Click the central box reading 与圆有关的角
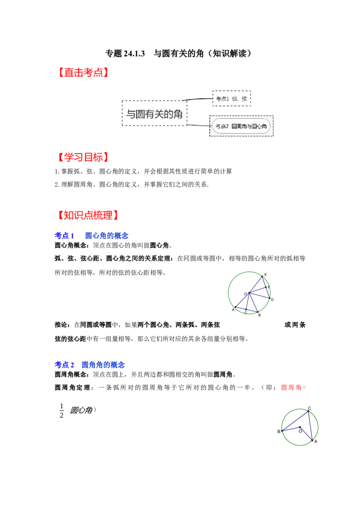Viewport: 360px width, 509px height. tap(154, 113)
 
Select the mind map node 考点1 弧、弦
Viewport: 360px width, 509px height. tap(231, 98)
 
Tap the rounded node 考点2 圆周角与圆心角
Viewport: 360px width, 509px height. tap(241, 126)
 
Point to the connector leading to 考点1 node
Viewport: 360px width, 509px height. tap(199, 99)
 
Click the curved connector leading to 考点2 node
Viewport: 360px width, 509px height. tap(198, 125)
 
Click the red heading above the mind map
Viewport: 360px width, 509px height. tap(83, 72)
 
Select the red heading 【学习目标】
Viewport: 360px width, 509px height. tap(83, 157)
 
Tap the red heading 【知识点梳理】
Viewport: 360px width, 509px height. tap(88, 215)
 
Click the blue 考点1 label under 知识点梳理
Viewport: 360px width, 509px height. tap(64, 236)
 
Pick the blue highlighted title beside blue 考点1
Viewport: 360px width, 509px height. tap(106, 236)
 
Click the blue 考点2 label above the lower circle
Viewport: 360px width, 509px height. tap(64, 365)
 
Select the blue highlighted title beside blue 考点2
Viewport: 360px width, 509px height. tap(103, 365)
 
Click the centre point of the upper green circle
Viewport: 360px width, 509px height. tap(249, 293)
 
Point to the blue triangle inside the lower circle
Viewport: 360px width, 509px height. tap(301, 424)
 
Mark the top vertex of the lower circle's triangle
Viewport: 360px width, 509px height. tap(308, 411)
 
